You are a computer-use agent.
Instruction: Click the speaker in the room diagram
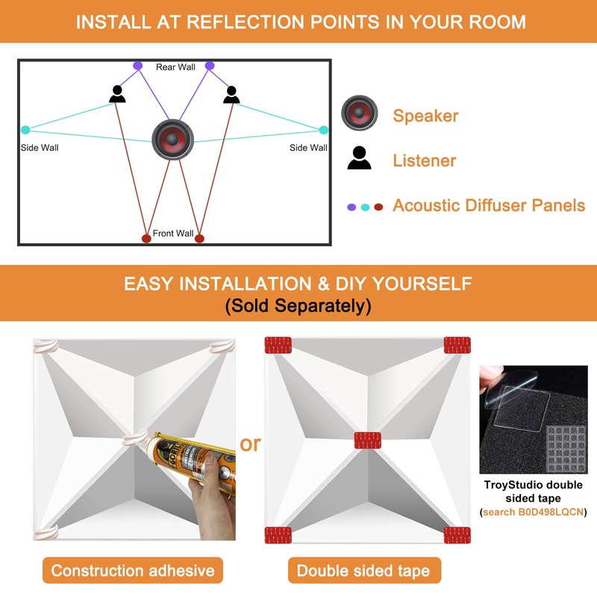[173, 139]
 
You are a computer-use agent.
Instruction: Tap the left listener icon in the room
[117, 94]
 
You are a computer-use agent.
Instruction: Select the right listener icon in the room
[231, 94]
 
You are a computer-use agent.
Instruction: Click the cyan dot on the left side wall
[26, 130]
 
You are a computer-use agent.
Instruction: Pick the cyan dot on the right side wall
[323, 130]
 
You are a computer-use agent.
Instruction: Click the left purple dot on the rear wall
[138, 66]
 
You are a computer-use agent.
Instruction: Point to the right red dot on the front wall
[199, 238]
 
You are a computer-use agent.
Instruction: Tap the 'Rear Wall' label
[175, 67]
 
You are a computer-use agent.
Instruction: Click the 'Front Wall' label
[173, 234]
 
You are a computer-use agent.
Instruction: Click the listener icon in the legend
[359, 158]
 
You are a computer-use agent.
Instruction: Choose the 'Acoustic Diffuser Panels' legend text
[489, 205]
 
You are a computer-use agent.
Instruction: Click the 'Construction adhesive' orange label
[133, 571]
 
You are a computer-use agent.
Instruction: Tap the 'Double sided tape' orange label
[363, 571]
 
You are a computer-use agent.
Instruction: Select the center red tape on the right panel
[367, 440]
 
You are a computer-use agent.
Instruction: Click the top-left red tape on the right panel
[278, 345]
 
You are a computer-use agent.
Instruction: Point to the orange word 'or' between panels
[250, 444]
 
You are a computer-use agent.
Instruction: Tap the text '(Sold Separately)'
[298, 306]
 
